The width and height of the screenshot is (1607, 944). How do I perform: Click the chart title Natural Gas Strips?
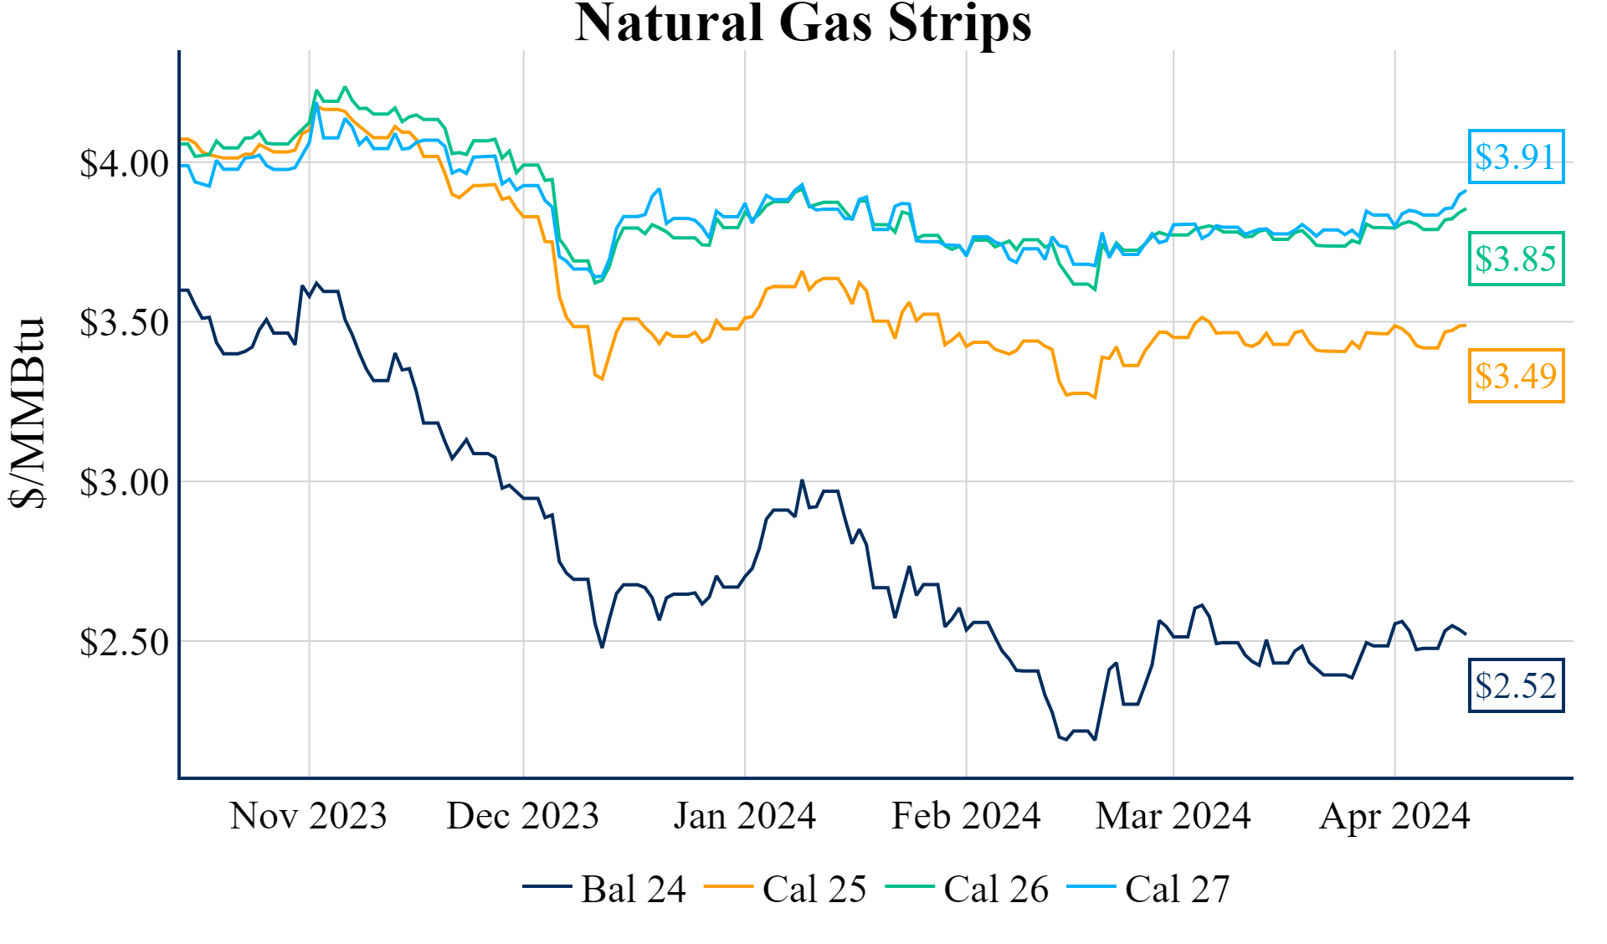click(x=803, y=23)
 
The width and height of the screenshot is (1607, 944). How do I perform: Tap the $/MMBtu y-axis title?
click(x=27, y=412)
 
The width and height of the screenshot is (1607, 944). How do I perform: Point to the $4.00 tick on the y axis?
click(x=124, y=163)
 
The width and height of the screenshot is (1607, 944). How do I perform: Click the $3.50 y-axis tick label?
click(x=124, y=323)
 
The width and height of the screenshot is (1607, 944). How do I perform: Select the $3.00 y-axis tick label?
click(x=124, y=483)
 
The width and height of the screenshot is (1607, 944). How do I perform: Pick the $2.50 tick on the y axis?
click(x=124, y=642)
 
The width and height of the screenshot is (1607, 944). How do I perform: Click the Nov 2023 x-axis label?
click(x=308, y=816)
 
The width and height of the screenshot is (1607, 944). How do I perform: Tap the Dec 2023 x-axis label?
click(x=522, y=816)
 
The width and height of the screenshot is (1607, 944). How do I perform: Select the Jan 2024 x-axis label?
click(x=744, y=816)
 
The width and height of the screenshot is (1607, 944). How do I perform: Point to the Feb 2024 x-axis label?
click(x=966, y=816)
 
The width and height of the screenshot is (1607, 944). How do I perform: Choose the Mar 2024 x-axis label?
click(x=1173, y=816)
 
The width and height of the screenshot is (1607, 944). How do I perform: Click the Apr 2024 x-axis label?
click(x=1394, y=816)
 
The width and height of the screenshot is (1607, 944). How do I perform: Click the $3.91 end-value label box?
click(x=1516, y=156)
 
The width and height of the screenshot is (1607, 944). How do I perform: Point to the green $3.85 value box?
click(x=1516, y=259)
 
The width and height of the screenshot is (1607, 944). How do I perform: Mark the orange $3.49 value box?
click(x=1516, y=376)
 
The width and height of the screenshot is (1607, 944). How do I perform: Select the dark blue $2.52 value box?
click(x=1516, y=685)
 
